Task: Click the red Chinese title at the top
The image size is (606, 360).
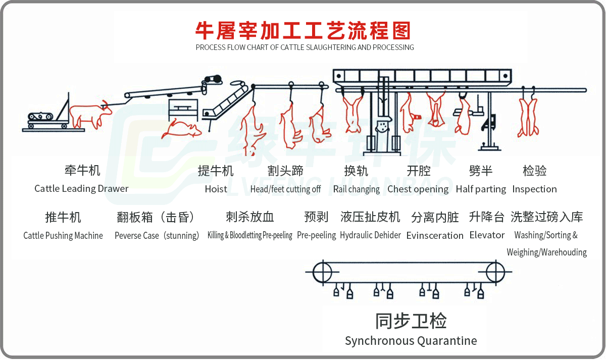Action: (303, 30)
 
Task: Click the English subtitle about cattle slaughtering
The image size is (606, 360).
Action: (305, 47)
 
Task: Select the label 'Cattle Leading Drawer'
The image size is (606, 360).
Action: (81, 189)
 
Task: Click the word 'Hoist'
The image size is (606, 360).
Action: (216, 189)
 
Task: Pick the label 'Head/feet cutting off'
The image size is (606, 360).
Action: (285, 189)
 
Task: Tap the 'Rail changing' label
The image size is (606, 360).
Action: (356, 189)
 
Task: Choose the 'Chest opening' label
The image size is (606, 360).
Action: (418, 189)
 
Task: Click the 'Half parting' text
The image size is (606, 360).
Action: (480, 189)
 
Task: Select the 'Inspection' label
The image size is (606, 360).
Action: (534, 189)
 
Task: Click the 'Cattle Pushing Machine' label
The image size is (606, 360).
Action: (63, 236)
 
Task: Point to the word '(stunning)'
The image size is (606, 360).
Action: (181, 236)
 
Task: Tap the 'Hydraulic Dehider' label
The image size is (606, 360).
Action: (370, 235)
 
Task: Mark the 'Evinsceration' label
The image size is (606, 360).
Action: (434, 236)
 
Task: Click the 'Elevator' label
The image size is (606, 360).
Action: (487, 235)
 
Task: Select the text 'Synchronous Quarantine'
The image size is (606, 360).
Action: (411, 341)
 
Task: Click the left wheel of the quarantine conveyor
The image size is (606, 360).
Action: (321, 273)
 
